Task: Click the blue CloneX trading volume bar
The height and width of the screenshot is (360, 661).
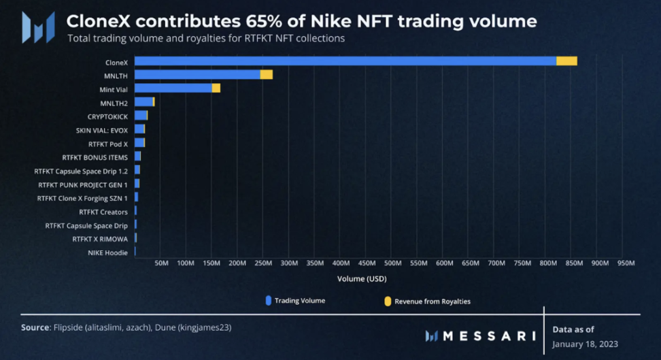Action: [345, 61]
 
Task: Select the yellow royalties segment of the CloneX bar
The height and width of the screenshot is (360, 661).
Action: [566, 61]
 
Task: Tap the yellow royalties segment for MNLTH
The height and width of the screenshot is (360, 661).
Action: [266, 75]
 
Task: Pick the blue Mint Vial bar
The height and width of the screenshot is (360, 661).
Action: [173, 88]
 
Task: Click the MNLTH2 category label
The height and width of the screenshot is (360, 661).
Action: [114, 103]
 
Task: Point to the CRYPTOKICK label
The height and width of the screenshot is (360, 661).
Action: [107, 116]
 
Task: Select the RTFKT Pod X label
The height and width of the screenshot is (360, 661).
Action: [108, 144]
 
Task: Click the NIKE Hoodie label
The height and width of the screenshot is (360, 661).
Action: [107, 252]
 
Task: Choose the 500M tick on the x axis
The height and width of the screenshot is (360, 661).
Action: [392, 263]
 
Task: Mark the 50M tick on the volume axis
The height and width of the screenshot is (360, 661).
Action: [162, 263]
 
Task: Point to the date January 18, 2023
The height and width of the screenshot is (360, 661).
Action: [585, 344]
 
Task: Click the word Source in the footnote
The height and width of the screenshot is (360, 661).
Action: [35, 327]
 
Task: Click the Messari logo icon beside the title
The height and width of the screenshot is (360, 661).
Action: [38, 27]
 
